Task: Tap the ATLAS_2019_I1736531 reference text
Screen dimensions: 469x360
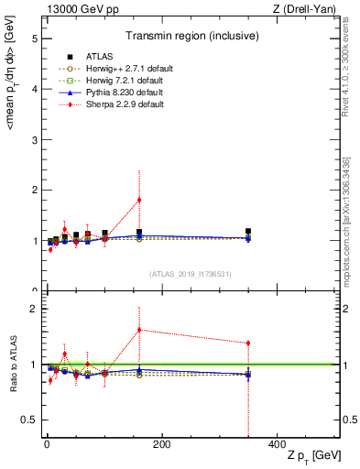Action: coord(190,274)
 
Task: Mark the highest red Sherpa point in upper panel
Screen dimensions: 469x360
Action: coord(139,200)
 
